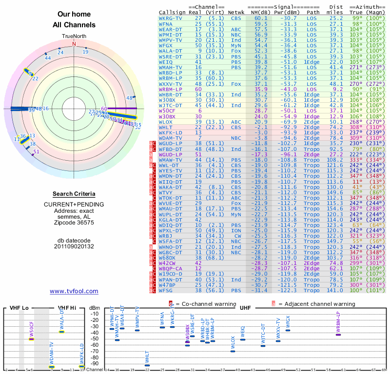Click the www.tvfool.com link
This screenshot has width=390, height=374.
pyautogui.click(x=74, y=291)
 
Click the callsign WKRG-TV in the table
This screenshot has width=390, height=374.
pyautogui.click(x=171, y=18)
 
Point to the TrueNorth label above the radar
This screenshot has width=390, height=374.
pyautogui.click(x=74, y=37)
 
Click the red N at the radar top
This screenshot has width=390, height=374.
pyautogui.click(x=74, y=43)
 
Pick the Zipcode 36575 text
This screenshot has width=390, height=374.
pyautogui.click(x=74, y=223)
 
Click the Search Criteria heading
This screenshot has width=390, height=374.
pyautogui.click(x=74, y=194)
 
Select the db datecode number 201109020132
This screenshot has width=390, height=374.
pyautogui.click(x=74, y=246)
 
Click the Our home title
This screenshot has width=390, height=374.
pyautogui.click(x=74, y=15)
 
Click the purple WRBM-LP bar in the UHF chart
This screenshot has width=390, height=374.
pyautogui.click(x=338, y=334)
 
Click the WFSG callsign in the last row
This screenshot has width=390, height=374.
pyautogui.click(x=166, y=291)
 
